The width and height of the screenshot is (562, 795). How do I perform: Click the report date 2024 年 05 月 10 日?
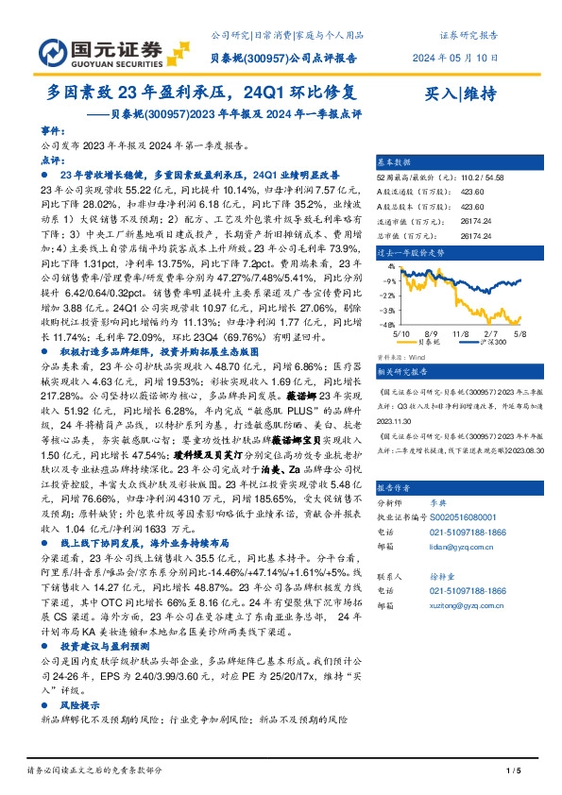point(456,57)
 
